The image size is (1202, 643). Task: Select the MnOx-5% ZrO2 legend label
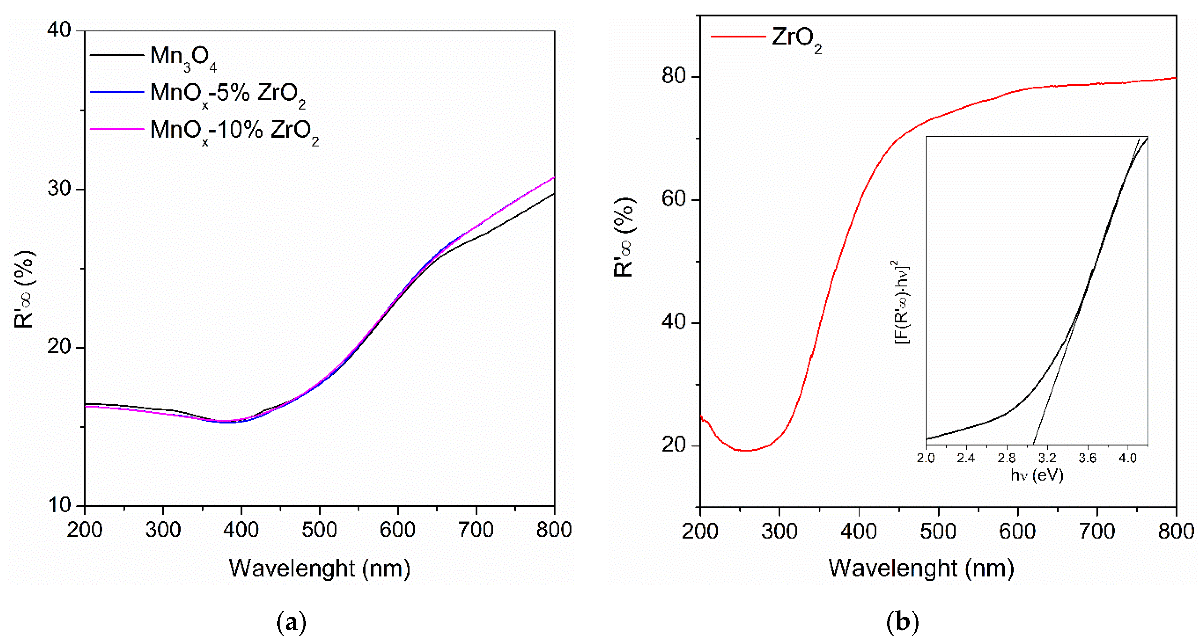click(228, 94)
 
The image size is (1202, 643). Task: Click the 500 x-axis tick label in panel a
click(319, 530)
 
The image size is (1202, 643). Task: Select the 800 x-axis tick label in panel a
click(554, 530)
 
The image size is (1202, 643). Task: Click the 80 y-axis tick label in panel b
click(674, 76)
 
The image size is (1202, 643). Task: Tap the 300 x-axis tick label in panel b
click(779, 532)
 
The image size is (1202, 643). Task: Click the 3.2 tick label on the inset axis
click(1047, 458)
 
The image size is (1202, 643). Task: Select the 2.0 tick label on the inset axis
click(926, 458)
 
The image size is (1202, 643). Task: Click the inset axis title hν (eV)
click(1037, 476)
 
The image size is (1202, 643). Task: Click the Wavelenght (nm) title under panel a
click(319, 568)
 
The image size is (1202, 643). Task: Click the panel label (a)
click(291, 622)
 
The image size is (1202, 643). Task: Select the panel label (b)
click(902, 622)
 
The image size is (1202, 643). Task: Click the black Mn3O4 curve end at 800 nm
click(553, 194)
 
